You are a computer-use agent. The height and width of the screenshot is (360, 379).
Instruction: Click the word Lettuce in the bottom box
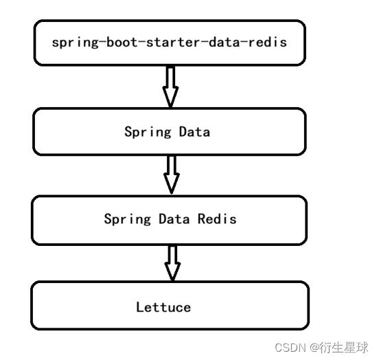click(x=163, y=307)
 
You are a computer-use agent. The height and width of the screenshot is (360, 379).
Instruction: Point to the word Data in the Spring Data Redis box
click(x=174, y=219)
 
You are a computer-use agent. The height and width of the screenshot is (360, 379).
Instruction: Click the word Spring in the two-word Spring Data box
click(x=148, y=131)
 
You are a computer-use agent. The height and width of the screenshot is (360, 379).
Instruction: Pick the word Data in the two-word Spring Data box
click(x=194, y=131)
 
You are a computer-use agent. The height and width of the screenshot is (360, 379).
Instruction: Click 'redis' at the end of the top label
click(x=268, y=42)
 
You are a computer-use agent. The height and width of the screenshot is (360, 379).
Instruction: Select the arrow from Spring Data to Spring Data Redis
click(x=171, y=175)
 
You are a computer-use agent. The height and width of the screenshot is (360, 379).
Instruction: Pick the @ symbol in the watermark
click(x=313, y=347)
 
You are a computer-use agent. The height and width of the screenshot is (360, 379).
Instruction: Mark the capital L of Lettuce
click(x=140, y=307)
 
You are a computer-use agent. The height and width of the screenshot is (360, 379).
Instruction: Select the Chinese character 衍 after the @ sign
click(x=325, y=347)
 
